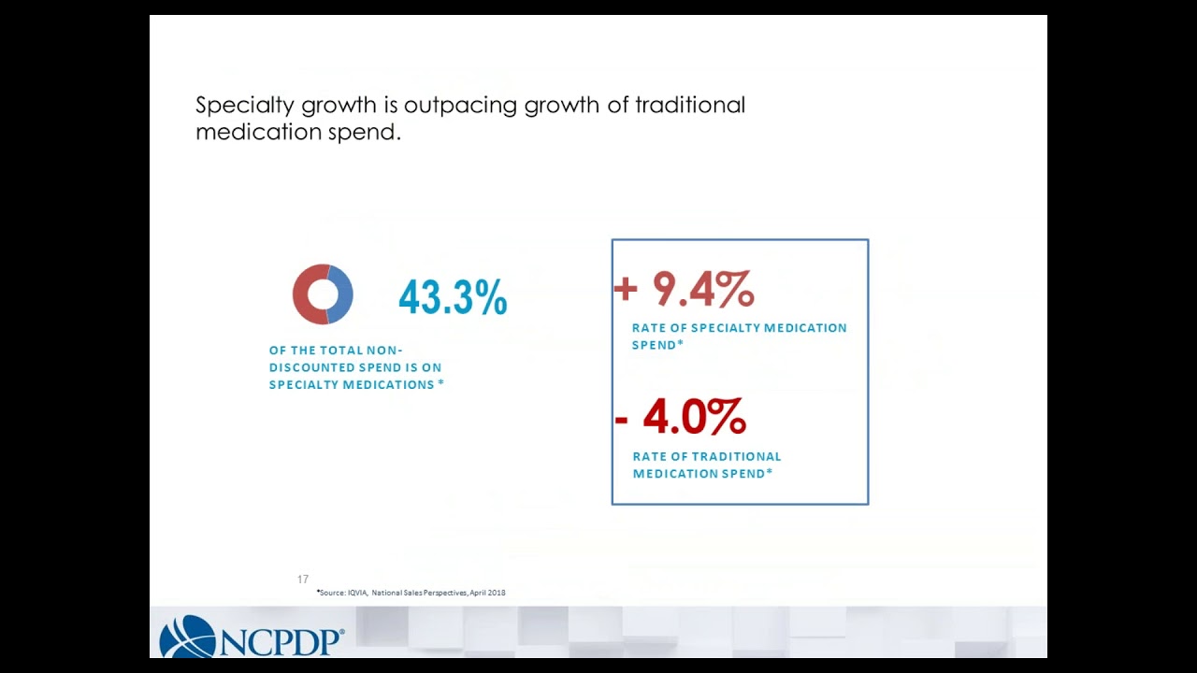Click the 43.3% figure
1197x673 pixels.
tap(453, 297)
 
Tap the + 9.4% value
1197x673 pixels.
tap(684, 289)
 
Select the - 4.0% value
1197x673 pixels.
tap(680, 417)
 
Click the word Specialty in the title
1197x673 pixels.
tap(245, 106)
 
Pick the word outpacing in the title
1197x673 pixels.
tap(460, 106)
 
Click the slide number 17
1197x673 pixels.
tap(303, 579)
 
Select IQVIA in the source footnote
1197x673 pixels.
tap(357, 593)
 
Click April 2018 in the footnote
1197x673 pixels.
tap(487, 593)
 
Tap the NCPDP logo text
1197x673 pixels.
tap(280, 641)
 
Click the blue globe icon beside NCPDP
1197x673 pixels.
tap(188, 637)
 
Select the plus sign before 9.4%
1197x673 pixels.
tap(626, 290)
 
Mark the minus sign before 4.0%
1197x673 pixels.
tap(621, 420)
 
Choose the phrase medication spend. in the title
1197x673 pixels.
tap(298, 132)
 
